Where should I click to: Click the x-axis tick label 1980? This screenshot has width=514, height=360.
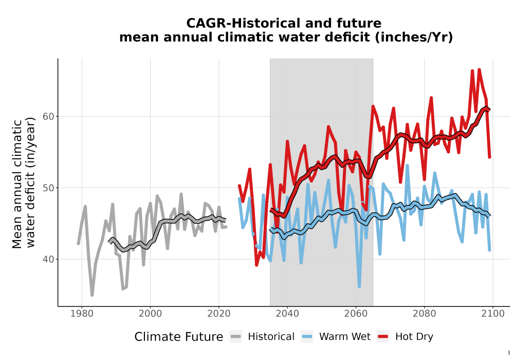coord(82,314)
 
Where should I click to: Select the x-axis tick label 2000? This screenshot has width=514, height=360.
coord(150,314)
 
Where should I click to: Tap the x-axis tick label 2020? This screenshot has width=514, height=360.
coord(218,314)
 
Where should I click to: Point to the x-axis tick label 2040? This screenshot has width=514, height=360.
coord(287,314)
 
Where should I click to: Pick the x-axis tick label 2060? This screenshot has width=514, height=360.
coord(356,314)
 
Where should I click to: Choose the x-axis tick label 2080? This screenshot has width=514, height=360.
coord(424,314)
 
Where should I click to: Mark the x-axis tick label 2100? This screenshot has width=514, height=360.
coord(493,314)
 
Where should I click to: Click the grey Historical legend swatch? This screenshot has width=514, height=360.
coord(236,337)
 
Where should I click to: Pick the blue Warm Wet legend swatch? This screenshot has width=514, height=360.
coord(307,337)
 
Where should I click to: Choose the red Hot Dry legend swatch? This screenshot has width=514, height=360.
coord(383,337)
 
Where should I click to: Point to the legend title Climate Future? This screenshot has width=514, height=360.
coord(179,337)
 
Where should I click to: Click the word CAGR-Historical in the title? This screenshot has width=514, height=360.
coord(242,23)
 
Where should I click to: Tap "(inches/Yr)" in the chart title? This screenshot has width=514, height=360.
coord(414,38)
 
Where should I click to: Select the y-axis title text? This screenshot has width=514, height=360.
coord(24,183)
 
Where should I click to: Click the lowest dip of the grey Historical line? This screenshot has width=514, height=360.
coord(92,295)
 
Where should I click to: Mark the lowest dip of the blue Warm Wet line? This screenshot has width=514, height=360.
coord(359,286)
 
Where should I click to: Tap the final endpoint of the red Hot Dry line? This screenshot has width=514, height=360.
coord(489,157)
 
